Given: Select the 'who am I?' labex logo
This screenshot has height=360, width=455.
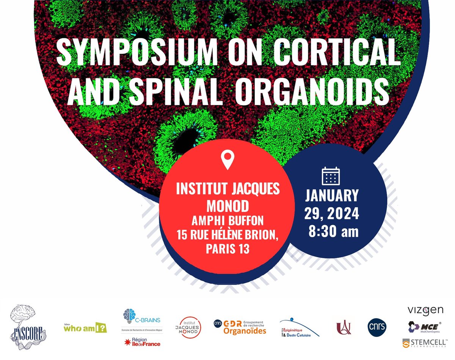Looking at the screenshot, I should tap(85, 327).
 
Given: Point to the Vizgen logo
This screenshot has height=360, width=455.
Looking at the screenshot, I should tap(425, 310).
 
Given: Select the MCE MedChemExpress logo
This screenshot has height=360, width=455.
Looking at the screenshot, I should tap(424, 327).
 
